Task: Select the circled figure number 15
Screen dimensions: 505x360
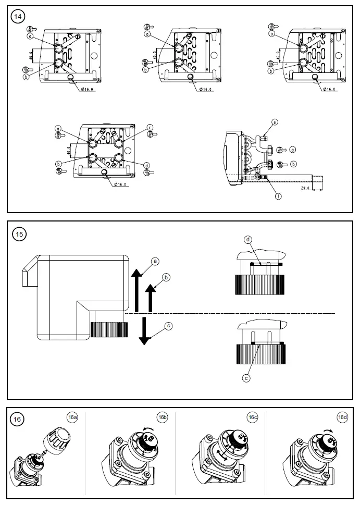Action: [19, 235]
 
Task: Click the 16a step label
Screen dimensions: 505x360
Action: [72, 417]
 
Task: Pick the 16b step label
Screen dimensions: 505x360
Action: [163, 417]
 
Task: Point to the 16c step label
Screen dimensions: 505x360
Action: [253, 417]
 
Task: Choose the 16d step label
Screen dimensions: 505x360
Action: [342, 417]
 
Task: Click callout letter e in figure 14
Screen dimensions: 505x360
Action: [275, 122]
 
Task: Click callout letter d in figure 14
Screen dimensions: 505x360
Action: [147, 166]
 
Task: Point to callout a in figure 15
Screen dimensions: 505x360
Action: [154, 260]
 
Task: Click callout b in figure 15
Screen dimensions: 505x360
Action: [166, 278]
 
